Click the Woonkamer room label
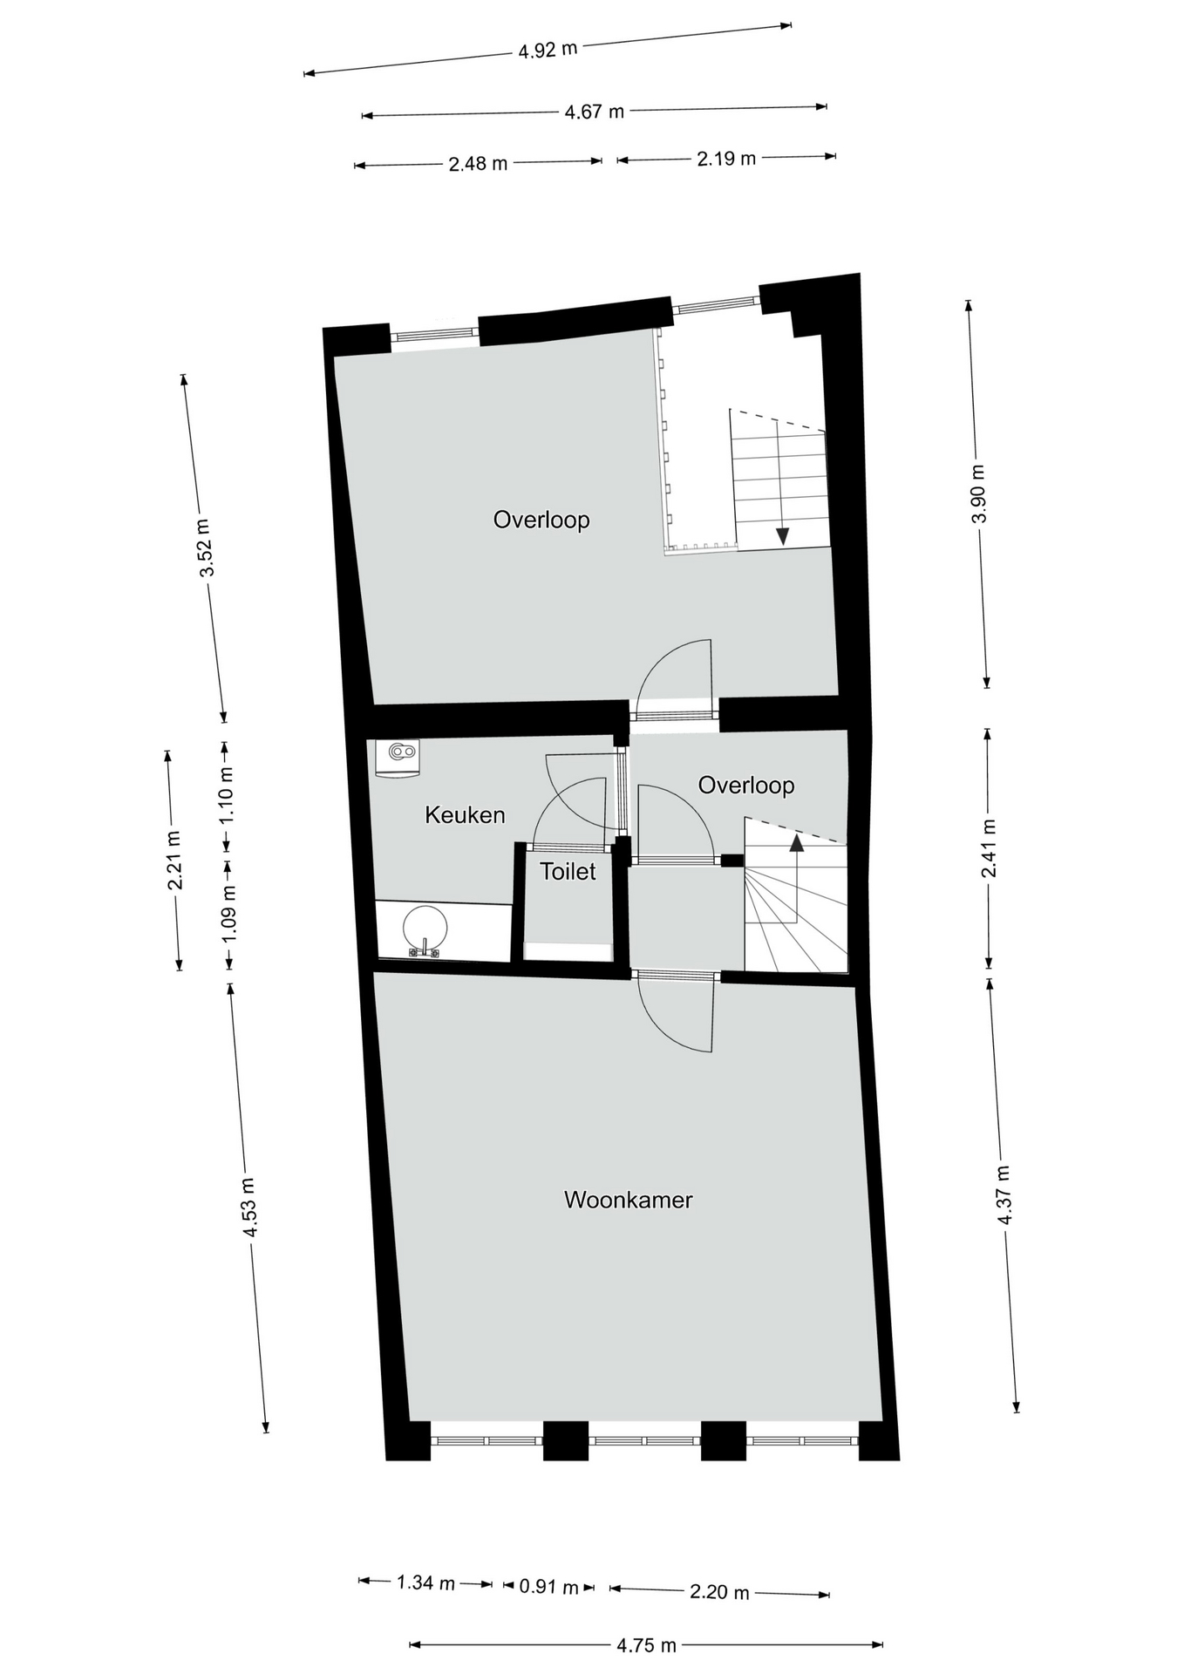628,1200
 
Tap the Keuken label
465,814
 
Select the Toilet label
568,871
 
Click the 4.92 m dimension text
548,50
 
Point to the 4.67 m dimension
595,112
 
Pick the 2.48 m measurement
478,163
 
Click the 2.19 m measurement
726,159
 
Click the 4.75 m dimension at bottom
646,1645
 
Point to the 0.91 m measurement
549,1587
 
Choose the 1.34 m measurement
425,1582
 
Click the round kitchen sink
425,926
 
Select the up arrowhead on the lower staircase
796,841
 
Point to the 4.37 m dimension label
1004,1195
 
